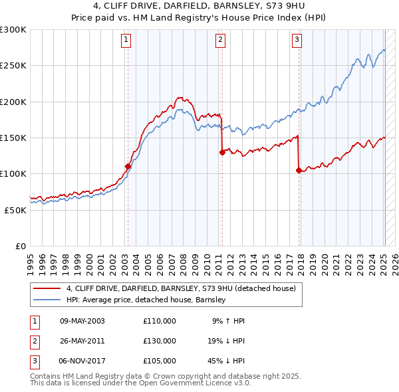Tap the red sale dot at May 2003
(128, 166)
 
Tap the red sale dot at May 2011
(222, 152)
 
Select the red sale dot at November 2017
(299, 170)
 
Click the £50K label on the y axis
(15, 210)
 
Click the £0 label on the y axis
(20, 246)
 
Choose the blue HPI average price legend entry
(146, 300)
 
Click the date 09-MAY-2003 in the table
(82, 321)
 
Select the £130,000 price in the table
(159, 341)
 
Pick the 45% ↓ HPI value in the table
(225, 361)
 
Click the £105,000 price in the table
(159, 361)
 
